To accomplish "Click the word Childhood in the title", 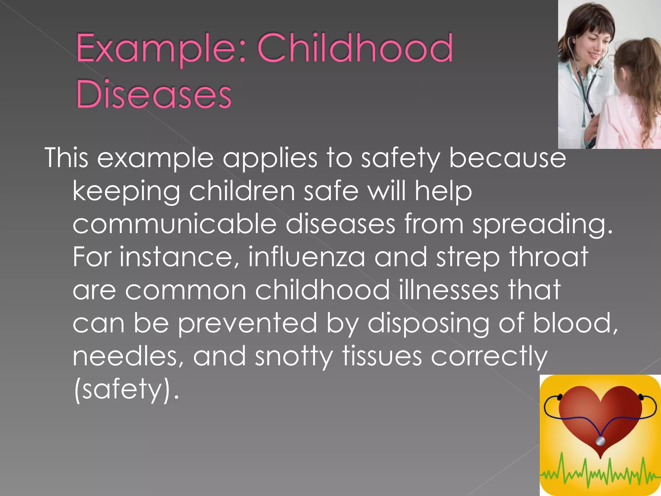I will click(355, 48).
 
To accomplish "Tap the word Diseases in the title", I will click(154, 94).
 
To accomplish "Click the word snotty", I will click(293, 356).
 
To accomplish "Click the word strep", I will click(468, 258).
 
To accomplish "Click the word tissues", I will click(382, 356).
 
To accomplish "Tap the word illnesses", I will click(449, 290).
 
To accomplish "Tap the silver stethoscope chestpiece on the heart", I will click(600, 441).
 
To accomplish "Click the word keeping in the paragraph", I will click(126, 191).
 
